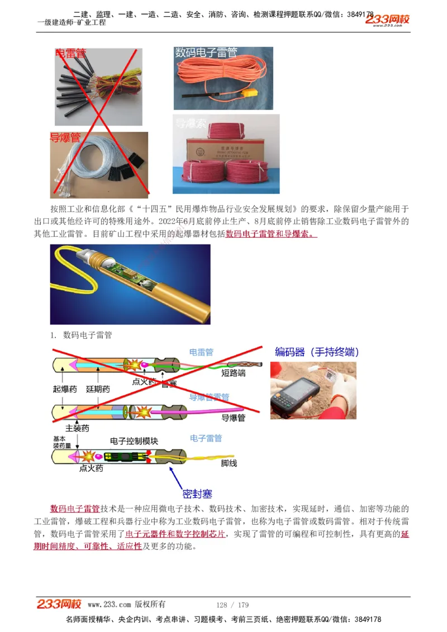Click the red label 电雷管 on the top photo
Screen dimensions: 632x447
(x=70, y=54)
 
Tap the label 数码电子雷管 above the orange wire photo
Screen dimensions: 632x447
(x=206, y=52)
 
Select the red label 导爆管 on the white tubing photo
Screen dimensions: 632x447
(x=65, y=137)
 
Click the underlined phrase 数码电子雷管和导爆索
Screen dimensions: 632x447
(x=271, y=234)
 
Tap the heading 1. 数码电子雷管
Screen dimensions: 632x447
(x=81, y=335)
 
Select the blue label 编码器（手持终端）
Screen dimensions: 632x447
(x=317, y=352)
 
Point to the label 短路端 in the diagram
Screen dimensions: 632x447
(x=233, y=373)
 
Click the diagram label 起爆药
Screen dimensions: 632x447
(x=65, y=389)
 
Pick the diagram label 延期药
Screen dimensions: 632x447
(x=98, y=389)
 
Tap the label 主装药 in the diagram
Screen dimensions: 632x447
(x=77, y=428)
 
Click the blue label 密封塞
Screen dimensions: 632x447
(x=197, y=494)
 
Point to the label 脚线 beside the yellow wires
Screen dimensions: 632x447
(x=229, y=463)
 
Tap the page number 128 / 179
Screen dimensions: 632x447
(x=232, y=605)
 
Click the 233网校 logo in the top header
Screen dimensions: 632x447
(x=387, y=20)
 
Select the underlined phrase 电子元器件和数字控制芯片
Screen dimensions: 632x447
(x=175, y=534)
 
